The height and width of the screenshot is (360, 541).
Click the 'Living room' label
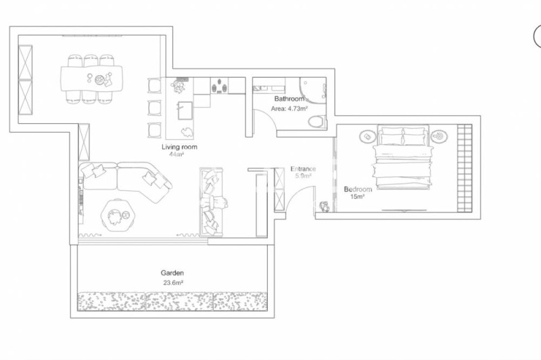point(179,147)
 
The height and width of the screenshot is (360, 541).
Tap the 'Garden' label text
point(172,273)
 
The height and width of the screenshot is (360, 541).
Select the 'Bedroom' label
point(358,189)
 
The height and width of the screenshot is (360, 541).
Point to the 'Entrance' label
point(303,168)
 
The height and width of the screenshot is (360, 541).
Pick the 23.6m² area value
point(172,283)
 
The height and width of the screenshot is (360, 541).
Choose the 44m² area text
point(177,154)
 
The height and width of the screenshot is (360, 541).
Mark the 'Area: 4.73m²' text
point(290,108)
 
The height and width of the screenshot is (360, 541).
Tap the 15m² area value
point(358,197)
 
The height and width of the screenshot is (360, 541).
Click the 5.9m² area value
point(302,176)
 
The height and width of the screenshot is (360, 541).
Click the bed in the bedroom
point(403,159)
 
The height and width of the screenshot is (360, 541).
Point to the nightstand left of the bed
point(366,136)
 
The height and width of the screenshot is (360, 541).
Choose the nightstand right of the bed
point(439,136)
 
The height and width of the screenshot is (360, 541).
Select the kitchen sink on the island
point(183,106)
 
